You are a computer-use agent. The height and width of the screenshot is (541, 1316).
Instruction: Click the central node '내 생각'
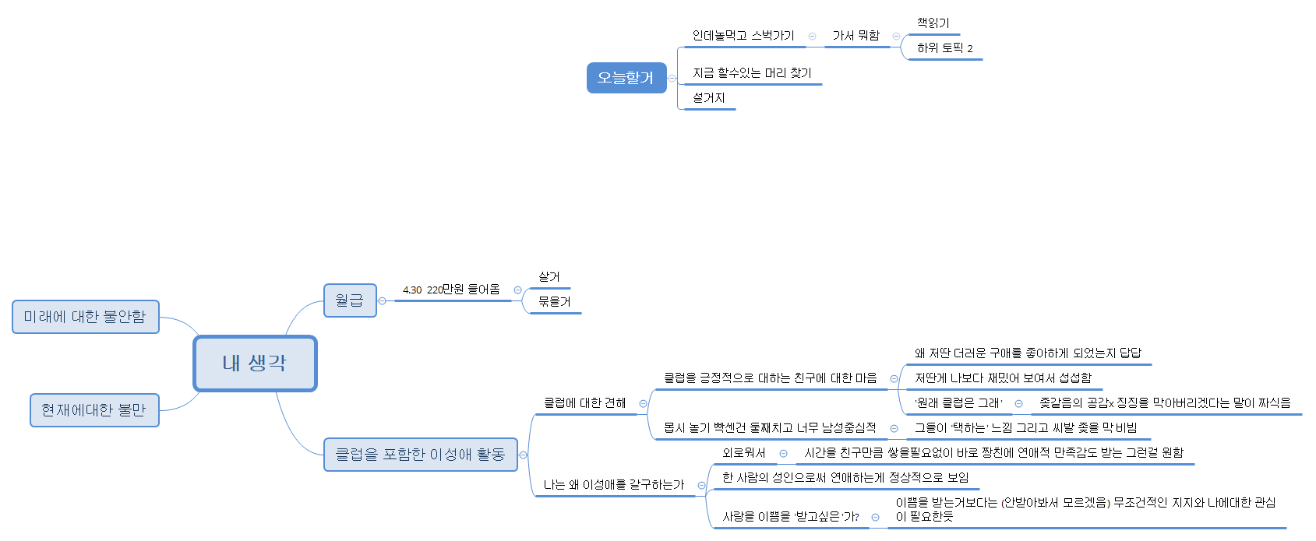tap(255, 364)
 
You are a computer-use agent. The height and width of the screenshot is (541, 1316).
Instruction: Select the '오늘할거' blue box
tap(626, 78)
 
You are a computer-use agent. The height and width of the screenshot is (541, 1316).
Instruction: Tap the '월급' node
tap(350, 300)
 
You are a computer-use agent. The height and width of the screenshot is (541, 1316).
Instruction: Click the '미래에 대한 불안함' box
tap(86, 317)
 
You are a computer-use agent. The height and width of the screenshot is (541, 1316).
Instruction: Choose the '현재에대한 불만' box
tap(94, 410)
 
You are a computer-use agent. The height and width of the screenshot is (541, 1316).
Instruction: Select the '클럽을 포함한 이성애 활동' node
tap(421, 455)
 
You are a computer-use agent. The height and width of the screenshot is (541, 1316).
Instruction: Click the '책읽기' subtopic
tap(933, 23)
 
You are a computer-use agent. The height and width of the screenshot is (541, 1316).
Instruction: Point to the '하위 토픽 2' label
tap(944, 48)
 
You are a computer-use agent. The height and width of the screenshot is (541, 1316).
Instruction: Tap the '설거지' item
tap(708, 98)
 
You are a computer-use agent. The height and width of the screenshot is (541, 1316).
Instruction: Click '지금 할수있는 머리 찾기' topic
tap(752, 72)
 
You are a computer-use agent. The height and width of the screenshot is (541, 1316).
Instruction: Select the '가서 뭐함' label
tap(856, 35)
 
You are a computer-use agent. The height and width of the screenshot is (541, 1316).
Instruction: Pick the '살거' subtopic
tap(549, 277)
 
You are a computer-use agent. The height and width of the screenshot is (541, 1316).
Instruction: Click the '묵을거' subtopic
tap(555, 301)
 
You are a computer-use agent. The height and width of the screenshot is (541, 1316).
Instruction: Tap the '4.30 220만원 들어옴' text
tap(451, 290)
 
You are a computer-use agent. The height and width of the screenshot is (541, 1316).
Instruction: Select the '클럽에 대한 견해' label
tap(584, 403)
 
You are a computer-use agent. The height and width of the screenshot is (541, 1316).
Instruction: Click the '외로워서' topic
tap(744, 453)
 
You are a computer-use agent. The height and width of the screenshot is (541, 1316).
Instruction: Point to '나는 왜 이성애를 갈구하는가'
tap(614, 485)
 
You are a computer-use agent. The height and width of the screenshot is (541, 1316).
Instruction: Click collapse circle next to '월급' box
tap(383, 301)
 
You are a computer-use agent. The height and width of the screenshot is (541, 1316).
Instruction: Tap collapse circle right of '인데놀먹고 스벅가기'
tap(813, 37)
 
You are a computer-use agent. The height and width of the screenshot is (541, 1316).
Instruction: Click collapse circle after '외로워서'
tap(784, 454)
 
